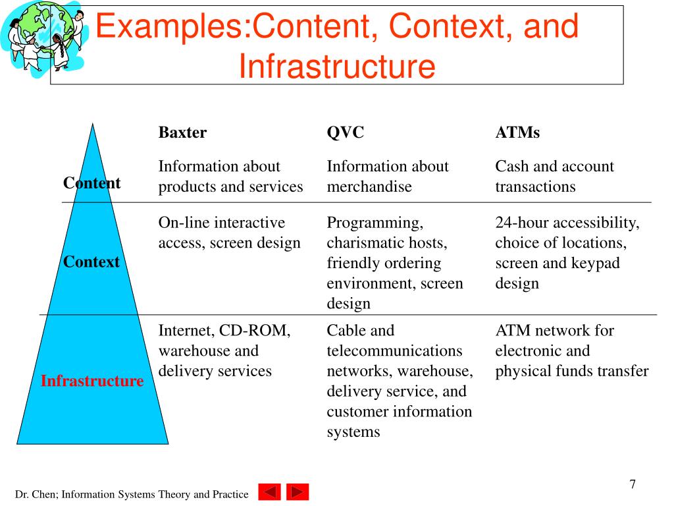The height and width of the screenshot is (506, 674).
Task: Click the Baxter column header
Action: coord(182,132)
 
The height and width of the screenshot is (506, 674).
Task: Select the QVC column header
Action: coord(346,132)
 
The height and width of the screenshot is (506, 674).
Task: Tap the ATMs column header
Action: coord(517,132)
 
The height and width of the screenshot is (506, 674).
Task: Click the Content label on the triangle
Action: coord(91,183)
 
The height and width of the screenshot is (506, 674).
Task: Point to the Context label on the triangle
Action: coord(91,262)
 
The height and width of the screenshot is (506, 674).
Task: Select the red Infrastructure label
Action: coord(92,381)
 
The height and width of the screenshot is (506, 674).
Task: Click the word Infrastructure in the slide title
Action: coord(336,66)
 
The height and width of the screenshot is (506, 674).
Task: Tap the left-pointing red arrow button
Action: coord(269,492)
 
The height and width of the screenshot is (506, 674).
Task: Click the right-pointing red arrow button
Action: coord(298,492)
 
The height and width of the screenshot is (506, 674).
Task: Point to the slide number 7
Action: coord(633,484)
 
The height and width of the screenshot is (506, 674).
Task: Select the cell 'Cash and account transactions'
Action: coord(554,177)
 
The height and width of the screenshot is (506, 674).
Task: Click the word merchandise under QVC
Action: coord(369,186)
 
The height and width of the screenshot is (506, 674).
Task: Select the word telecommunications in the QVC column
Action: coord(394,351)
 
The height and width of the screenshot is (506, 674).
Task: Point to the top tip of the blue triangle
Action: coord(93,125)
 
